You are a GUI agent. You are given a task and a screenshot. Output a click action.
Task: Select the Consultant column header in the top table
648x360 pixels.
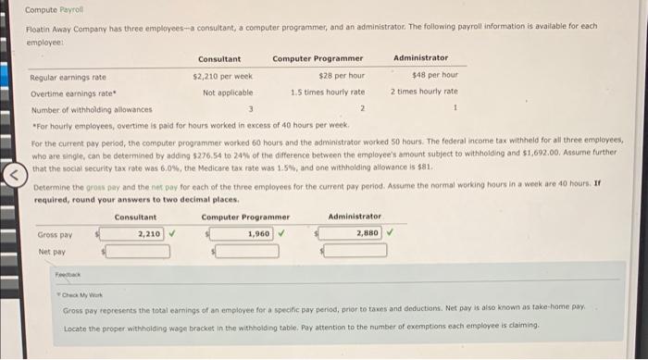coord(219,58)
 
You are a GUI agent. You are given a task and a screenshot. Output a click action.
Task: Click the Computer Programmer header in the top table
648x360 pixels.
coord(318,58)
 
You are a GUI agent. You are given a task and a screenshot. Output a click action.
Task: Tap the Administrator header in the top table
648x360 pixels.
coord(420,58)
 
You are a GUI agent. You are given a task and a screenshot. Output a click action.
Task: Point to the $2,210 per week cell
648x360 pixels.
coord(222,76)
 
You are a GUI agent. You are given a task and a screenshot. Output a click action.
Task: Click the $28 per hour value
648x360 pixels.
coord(341,76)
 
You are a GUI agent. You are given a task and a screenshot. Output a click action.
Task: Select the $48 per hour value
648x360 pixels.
coord(434,75)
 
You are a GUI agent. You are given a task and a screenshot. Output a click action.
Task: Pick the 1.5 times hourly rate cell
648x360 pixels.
coord(327,92)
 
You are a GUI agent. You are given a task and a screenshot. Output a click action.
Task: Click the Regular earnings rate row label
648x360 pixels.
coord(68,76)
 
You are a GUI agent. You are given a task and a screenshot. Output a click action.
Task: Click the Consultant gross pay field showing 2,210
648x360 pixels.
coord(136,234)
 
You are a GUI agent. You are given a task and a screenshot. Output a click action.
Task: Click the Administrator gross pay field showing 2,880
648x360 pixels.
coord(352,234)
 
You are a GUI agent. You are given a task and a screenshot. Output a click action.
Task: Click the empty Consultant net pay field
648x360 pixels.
coord(136,251)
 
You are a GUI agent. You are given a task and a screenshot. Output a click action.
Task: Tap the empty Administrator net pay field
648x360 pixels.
coord(352,251)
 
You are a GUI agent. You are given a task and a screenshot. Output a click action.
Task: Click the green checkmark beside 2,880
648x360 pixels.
coord(391,233)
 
